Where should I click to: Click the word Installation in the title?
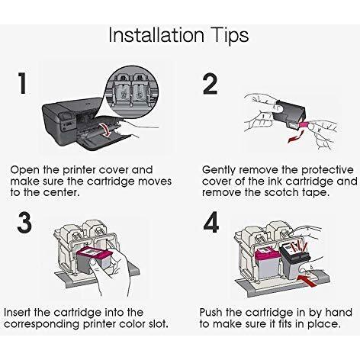[156, 35]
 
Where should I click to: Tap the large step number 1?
[22, 83]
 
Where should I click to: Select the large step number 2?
[211, 84]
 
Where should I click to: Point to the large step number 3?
[24, 223]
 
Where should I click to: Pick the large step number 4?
[211, 222]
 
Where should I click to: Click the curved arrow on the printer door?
[106, 130]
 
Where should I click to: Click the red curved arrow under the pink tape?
[296, 137]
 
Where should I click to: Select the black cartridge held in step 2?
[289, 114]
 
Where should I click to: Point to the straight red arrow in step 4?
[308, 280]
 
